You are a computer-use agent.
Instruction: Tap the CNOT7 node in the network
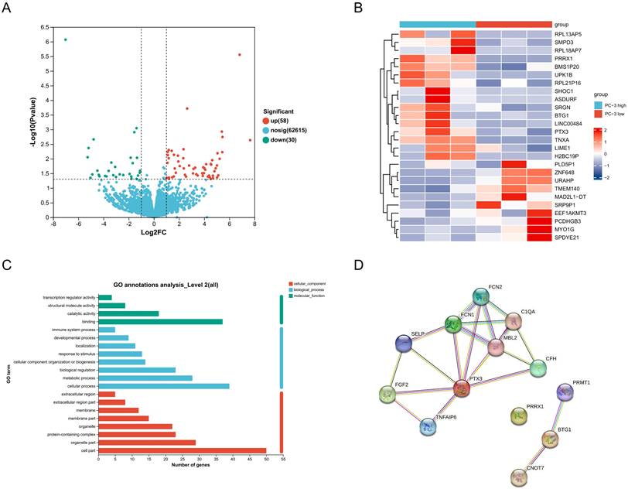(x=521, y=476)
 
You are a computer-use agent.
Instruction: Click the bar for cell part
(x=182, y=450)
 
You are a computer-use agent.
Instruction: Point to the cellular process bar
(x=164, y=385)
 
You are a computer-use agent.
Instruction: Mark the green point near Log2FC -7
(x=66, y=39)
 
